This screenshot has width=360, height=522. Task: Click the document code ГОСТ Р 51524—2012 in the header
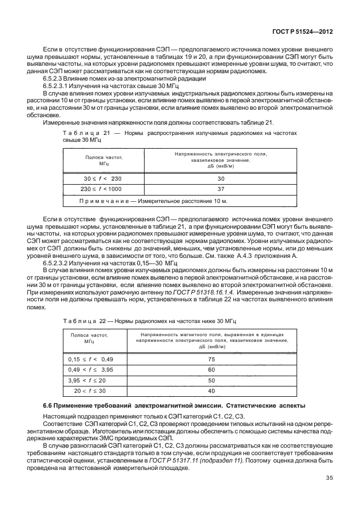[x=307, y=33]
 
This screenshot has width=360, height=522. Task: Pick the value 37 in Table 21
[x=221, y=188]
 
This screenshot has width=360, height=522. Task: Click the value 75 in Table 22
[x=211, y=360]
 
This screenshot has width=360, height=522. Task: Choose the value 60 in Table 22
[x=211, y=370]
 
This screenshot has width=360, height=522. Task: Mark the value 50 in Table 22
[x=211, y=380]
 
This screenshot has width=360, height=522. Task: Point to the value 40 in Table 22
[x=211, y=390]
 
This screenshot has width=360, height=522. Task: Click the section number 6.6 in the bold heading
[x=50, y=405]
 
